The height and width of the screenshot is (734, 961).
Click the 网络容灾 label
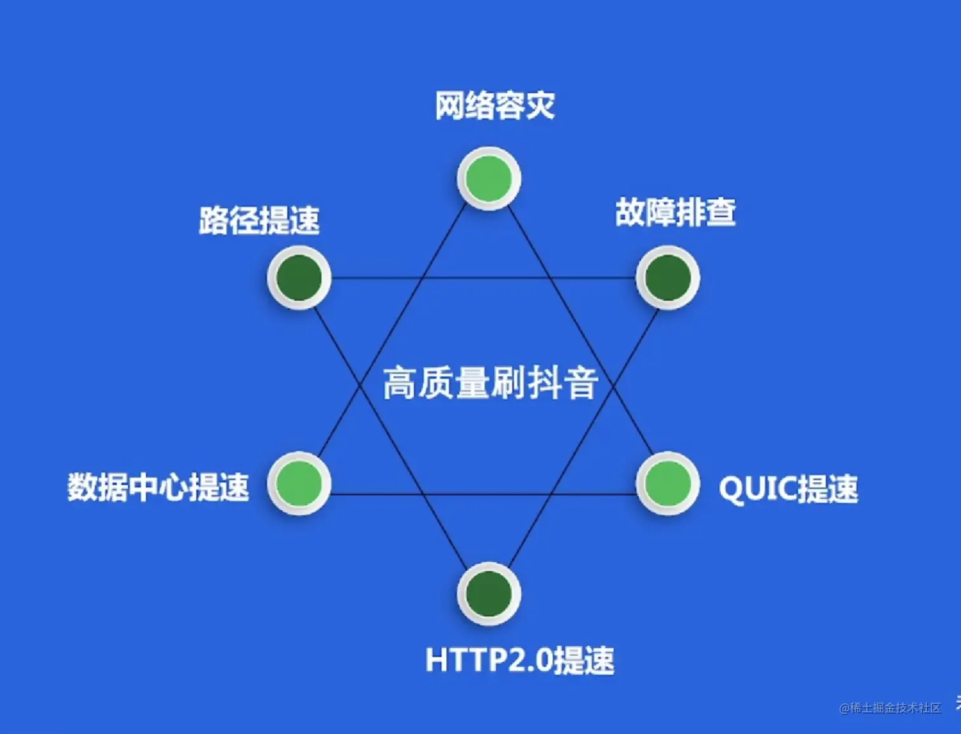[494, 105]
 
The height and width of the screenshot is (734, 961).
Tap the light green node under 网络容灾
[489, 179]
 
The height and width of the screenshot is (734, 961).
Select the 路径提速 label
[259, 221]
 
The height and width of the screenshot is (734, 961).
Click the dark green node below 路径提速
[299, 278]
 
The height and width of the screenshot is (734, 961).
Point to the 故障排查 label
[675, 212]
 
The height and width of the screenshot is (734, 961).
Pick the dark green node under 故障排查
[667, 278]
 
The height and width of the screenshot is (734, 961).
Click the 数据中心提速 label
[158, 487]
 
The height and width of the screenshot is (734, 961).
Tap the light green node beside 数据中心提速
[299, 484]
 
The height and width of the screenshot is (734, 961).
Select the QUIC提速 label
[788, 489]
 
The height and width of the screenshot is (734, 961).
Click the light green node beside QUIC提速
[667, 484]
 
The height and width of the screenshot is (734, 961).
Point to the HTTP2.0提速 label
[519, 660]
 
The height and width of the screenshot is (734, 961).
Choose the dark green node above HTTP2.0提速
[489, 594]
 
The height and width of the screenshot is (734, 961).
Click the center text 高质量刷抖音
[490, 383]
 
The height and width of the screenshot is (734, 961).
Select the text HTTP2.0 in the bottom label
[488, 660]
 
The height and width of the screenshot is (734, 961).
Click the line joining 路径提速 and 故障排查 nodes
[483, 278]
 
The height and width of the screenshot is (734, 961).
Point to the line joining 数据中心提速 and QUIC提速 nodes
[483, 494]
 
